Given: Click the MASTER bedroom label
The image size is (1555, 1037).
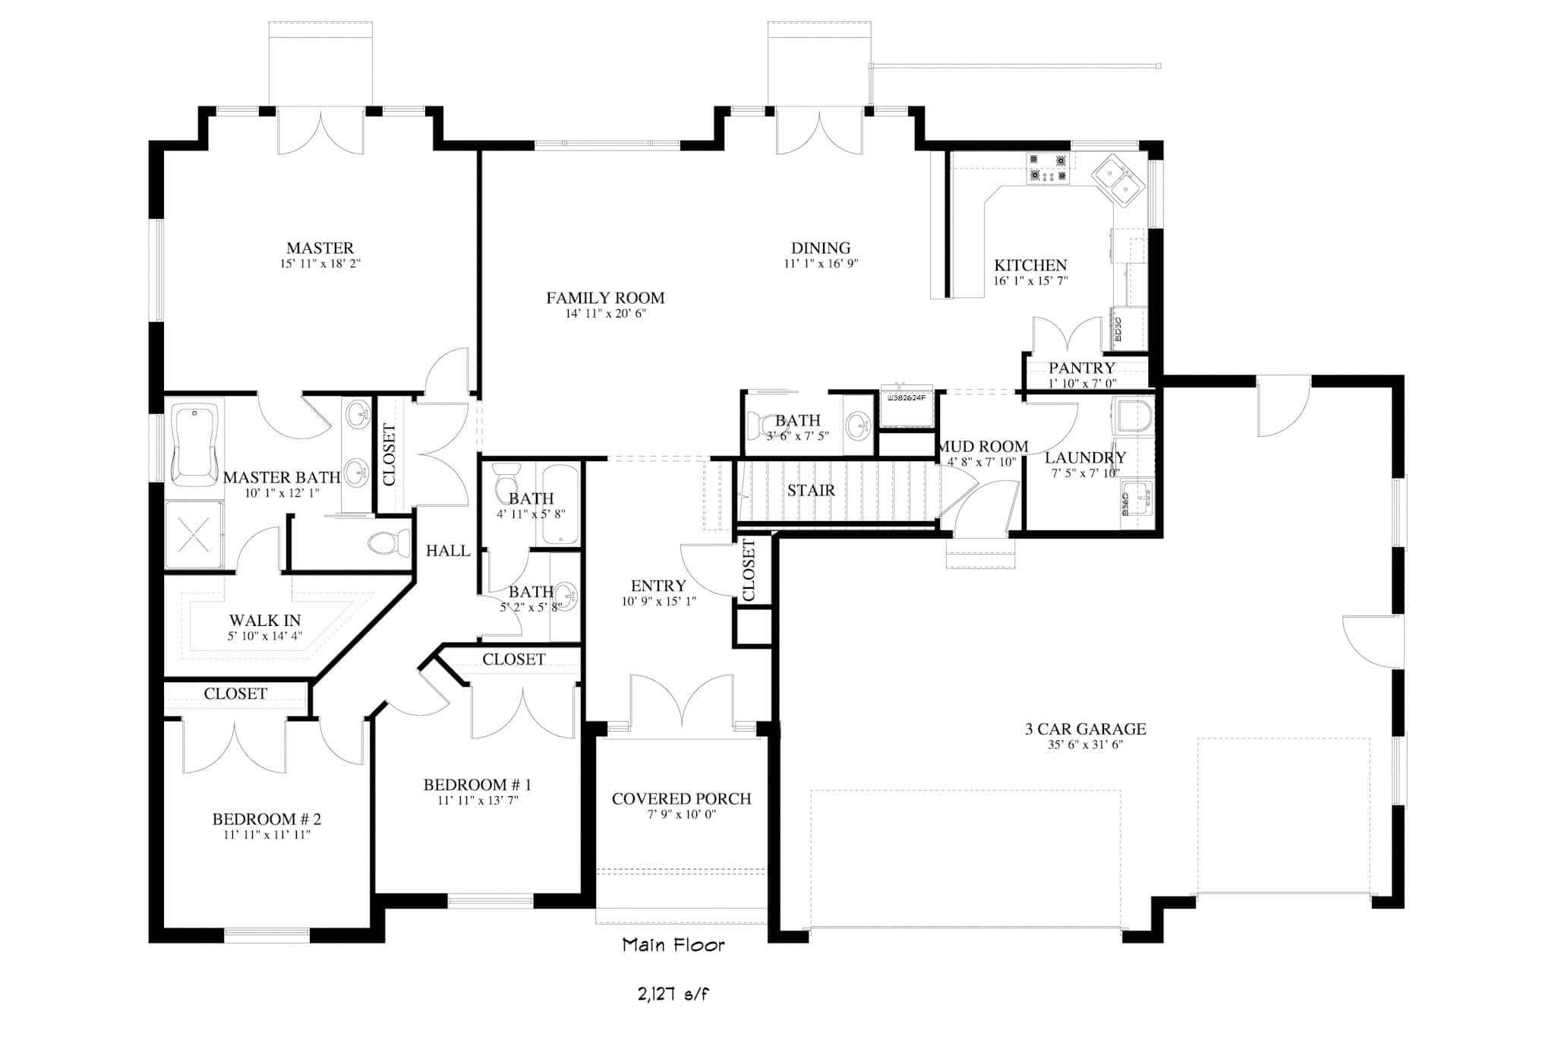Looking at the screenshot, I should [x=320, y=248].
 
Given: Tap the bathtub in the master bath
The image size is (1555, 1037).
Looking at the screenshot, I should [x=195, y=444].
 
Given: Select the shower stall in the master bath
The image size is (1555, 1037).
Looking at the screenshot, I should [x=194, y=534].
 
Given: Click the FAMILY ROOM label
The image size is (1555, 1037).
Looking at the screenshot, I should [x=605, y=299].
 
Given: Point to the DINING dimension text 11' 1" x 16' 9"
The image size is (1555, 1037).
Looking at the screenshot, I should [x=821, y=264].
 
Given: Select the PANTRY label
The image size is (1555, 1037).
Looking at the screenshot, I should [x=1081, y=368].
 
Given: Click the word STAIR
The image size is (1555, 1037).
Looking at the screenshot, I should [x=811, y=491].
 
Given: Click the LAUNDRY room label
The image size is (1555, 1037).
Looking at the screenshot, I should [x=1085, y=458].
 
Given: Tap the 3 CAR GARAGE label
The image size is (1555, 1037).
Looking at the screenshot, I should [x=1085, y=729].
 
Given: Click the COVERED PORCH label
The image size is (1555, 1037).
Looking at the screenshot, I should [x=681, y=799].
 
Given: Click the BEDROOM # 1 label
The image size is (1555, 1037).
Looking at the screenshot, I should [x=478, y=785].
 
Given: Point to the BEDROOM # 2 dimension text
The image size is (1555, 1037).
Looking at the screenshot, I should [x=267, y=835].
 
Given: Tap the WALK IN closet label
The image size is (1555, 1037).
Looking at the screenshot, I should [x=265, y=621].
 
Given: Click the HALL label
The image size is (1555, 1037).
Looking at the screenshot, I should [x=448, y=551].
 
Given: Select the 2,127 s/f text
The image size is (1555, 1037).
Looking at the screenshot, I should [x=673, y=993].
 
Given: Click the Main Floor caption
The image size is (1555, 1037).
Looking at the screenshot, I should [x=673, y=945].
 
